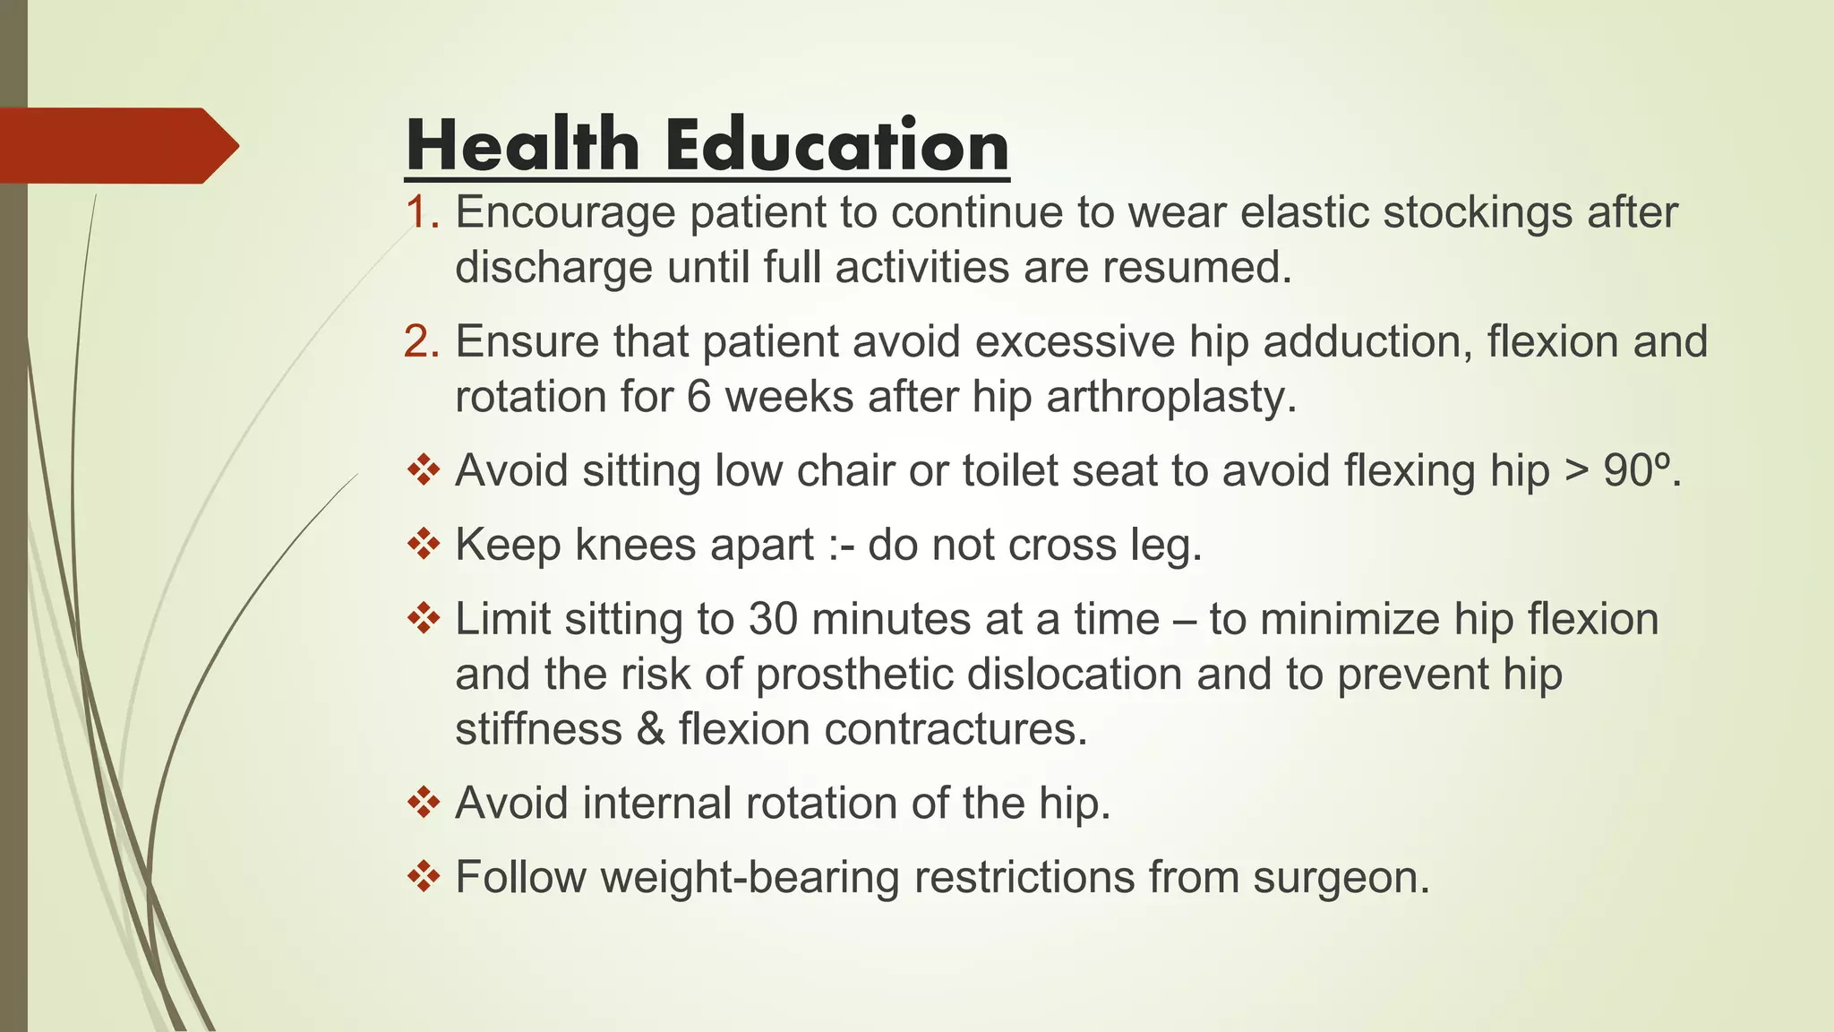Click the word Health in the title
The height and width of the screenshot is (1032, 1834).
(522, 145)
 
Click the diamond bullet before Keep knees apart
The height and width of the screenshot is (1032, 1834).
(424, 544)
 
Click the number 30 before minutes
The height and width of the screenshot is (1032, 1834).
(772, 620)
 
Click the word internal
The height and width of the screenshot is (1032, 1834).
(657, 803)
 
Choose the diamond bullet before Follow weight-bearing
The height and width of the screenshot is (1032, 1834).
(424, 876)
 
